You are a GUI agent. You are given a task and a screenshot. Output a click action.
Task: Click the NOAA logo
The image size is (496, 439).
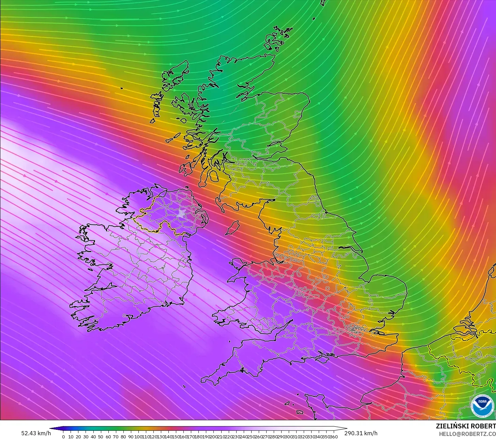tap(482, 406)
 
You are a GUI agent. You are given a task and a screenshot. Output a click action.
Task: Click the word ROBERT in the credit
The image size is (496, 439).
tap(484, 426)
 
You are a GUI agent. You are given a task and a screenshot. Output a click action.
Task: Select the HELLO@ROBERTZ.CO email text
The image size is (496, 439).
tap(467, 434)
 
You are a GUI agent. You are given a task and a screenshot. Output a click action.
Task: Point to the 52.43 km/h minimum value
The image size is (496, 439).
tap(36, 433)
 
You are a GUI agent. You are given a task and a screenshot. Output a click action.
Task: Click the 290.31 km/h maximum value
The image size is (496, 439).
tap(361, 433)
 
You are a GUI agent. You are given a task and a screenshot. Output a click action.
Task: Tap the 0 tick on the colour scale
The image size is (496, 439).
tap(63, 437)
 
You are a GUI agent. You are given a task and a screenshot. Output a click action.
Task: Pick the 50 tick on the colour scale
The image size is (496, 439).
tap(101, 437)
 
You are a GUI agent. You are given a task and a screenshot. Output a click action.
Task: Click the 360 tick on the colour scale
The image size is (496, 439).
tap(334, 437)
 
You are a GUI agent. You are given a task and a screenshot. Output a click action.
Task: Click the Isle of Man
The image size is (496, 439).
tap(233, 228)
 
